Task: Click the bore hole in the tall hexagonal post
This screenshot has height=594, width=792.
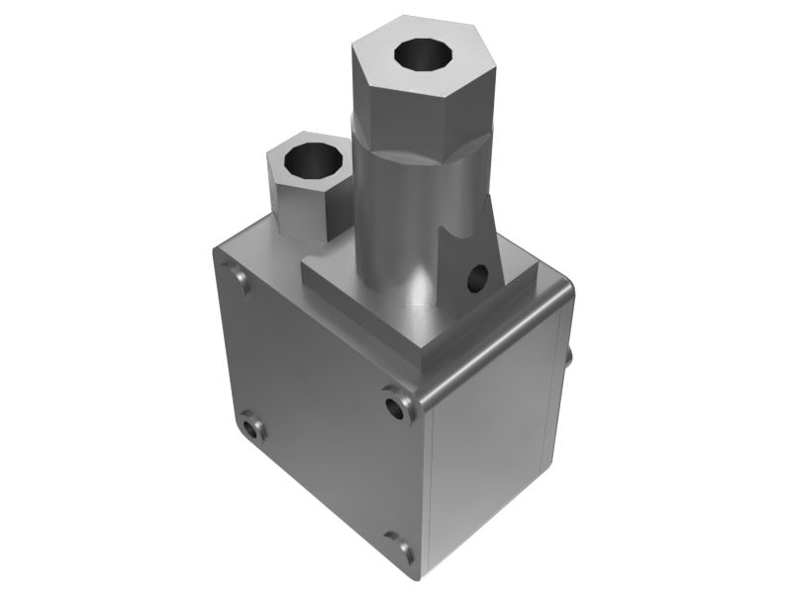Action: click(422, 56)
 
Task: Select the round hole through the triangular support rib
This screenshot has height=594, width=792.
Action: click(479, 274)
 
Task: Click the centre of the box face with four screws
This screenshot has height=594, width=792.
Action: click(317, 396)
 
